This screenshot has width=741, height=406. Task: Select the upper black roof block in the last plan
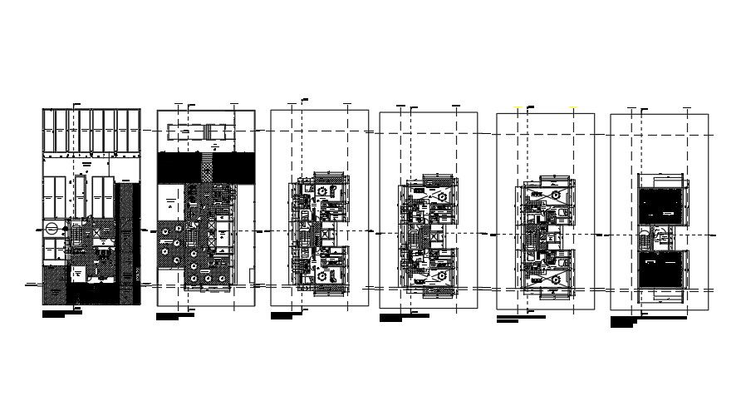click(662, 205)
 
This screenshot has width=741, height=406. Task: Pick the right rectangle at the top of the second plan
click(221, 133)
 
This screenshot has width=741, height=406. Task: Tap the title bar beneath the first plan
click(61, 314)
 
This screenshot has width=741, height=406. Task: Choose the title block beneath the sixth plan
click(644, 320)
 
